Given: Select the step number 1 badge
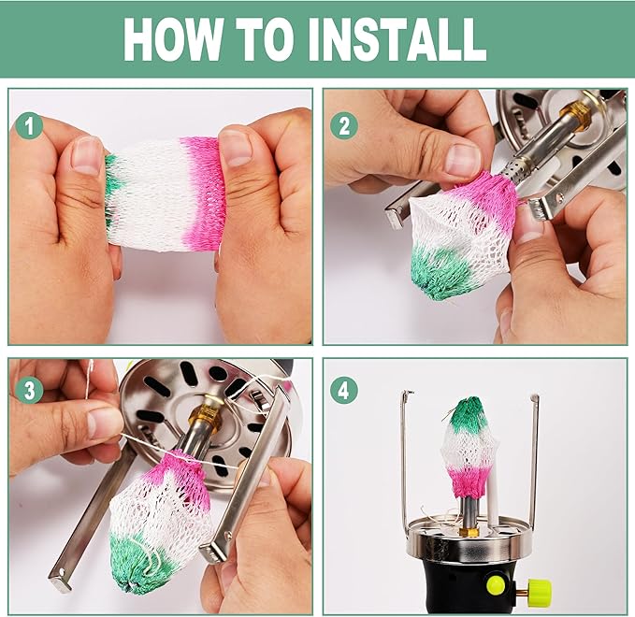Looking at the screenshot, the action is pos(29,126).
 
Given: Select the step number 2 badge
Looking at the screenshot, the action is pos(344,126).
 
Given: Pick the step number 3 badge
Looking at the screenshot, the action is pos(29,391).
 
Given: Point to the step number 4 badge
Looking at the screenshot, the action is pos(344,391).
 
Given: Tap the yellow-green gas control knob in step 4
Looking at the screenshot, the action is pos(540,591).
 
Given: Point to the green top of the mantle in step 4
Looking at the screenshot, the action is pos(469,414).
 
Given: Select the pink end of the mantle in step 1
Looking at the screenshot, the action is pos(203,193).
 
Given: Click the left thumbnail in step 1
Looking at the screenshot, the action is pos(86,156).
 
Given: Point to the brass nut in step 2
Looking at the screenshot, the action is pos(576,115).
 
